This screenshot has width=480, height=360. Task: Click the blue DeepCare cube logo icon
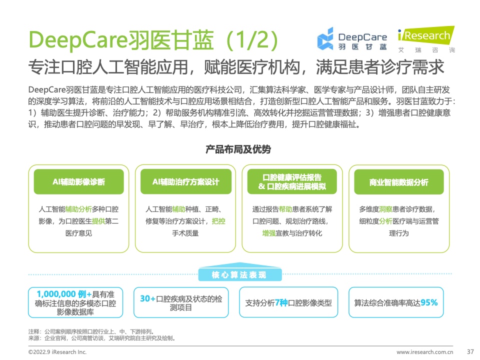pos(325,38)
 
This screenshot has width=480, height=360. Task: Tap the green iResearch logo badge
pos(426,35)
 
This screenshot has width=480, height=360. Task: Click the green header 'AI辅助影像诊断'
pos(78,182)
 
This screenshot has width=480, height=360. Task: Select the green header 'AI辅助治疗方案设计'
pos(186,182)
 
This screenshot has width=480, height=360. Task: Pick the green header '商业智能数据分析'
pos(399,182)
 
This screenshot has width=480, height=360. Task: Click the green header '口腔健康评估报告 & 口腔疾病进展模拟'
pos(292,182)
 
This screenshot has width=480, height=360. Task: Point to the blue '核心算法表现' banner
pos(239,274)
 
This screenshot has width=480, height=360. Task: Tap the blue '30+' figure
pos(147,298)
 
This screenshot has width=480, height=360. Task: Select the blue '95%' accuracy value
pos(429,303)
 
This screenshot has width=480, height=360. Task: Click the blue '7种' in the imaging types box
pos(281,303)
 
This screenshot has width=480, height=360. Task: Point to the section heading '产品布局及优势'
pos(238,149)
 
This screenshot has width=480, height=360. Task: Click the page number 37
pos(470,351)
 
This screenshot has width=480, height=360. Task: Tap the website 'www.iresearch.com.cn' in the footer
pos(424,352)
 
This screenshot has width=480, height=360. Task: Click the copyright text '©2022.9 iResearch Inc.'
pos(57,352)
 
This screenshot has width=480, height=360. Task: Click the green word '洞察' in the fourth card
pos(385,209)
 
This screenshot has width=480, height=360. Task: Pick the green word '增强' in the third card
pos(269,233)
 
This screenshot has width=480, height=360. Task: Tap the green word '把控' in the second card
pos(218,221)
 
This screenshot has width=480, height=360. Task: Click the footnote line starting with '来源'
pos(101,338)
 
